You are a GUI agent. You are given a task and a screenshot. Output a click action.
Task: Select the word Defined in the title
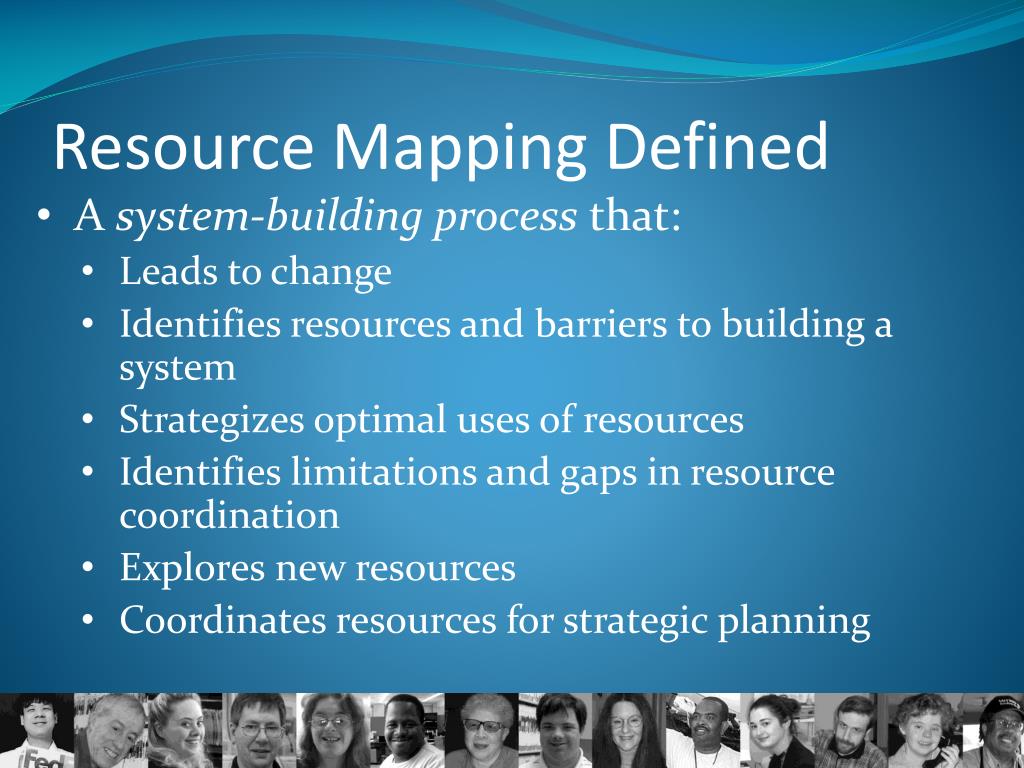716,147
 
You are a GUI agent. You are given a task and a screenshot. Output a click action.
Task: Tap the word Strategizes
212,420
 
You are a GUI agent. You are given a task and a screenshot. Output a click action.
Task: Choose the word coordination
229,516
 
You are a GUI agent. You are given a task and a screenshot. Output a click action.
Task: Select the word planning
794,622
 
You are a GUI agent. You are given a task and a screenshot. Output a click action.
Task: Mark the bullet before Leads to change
89,273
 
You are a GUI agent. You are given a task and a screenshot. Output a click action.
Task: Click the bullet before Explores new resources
89,569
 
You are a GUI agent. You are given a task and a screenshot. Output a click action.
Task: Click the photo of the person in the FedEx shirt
37,731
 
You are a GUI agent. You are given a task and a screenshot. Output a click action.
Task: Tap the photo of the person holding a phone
925,731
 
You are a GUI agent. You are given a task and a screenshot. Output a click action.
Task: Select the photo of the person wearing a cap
996,731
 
